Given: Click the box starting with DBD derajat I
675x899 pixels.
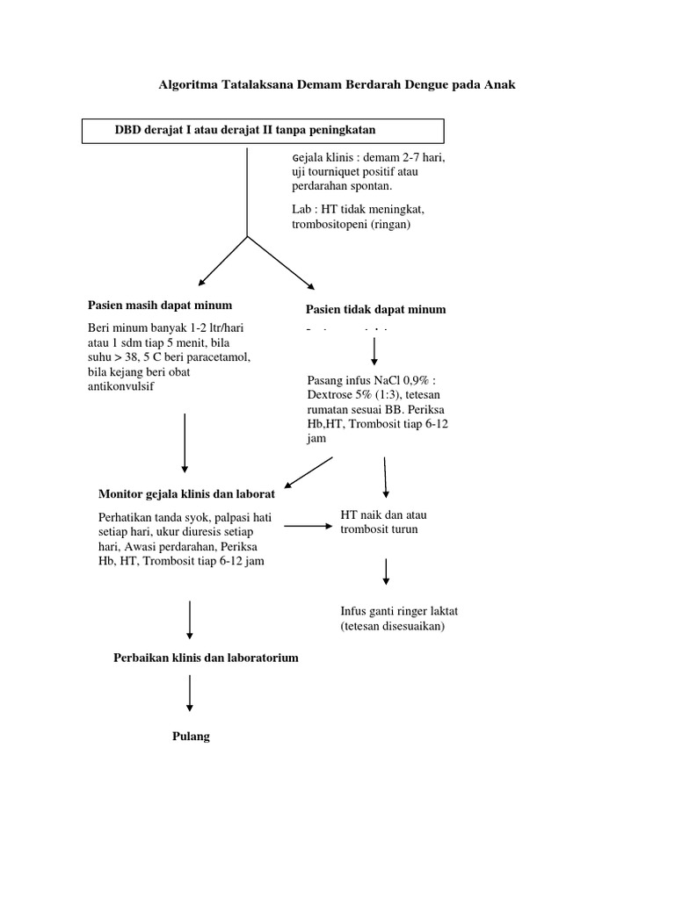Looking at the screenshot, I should tap(263, 131).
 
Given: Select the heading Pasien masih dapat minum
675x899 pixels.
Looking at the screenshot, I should tap(160, 306).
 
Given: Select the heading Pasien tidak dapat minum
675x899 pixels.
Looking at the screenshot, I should tap(375, 309).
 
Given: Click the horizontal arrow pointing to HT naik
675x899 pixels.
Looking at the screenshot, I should tap(305, 526).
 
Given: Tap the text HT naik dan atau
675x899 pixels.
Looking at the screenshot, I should tap(383, 515).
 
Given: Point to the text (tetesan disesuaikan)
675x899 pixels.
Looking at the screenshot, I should tap(393, 626).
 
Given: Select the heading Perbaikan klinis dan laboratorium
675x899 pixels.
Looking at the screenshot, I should tap(206, 658).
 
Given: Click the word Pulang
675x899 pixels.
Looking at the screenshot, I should tap(191, 737).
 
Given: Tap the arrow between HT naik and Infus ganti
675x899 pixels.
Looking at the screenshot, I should tap(385, 571).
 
